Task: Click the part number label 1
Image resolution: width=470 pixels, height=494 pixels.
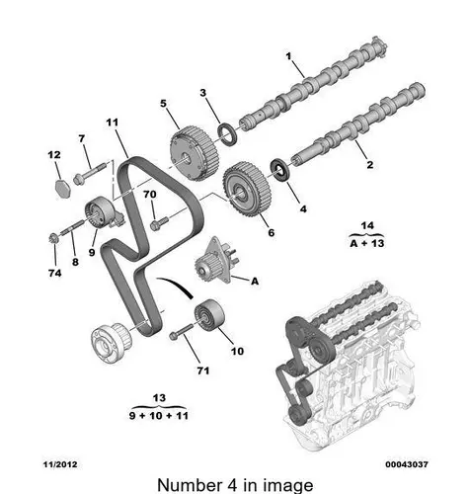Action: [288, 56]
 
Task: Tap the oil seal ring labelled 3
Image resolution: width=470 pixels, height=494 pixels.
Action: [227, 133]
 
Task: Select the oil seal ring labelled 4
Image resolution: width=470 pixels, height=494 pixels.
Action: [280, 170]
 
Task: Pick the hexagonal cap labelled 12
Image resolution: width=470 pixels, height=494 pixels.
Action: [61, 189]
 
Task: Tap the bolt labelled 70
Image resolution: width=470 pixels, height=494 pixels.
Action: [159, 222]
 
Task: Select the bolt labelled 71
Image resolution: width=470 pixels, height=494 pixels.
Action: [181, 332]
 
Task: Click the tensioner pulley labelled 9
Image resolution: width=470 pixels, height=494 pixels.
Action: [102, 212]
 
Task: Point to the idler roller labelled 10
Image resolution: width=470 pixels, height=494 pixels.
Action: [209, 315]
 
